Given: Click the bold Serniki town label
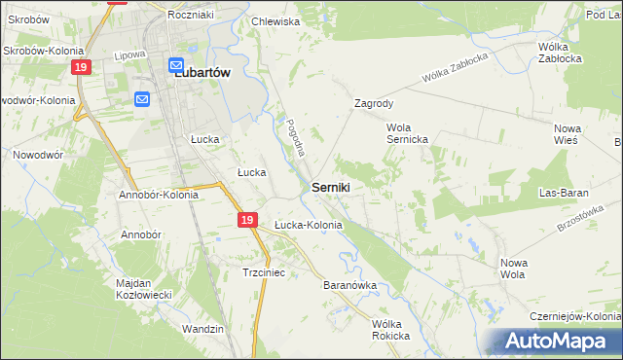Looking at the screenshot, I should pos(332,185).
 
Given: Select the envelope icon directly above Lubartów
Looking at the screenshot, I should pos(177,66).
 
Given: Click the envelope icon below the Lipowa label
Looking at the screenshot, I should pos(142,98).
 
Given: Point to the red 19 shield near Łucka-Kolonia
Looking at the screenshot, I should pos(248,221).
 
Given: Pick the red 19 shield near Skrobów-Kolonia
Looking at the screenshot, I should pos(83,66).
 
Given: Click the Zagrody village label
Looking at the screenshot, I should pos(374,102).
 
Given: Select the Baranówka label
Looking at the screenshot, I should pos(349,285).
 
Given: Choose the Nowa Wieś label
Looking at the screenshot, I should pos(567,134).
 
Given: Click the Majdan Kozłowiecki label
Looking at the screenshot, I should pos(145,288).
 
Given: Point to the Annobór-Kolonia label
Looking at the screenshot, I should pos(159,195).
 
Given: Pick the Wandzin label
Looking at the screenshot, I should pos(203,329).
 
